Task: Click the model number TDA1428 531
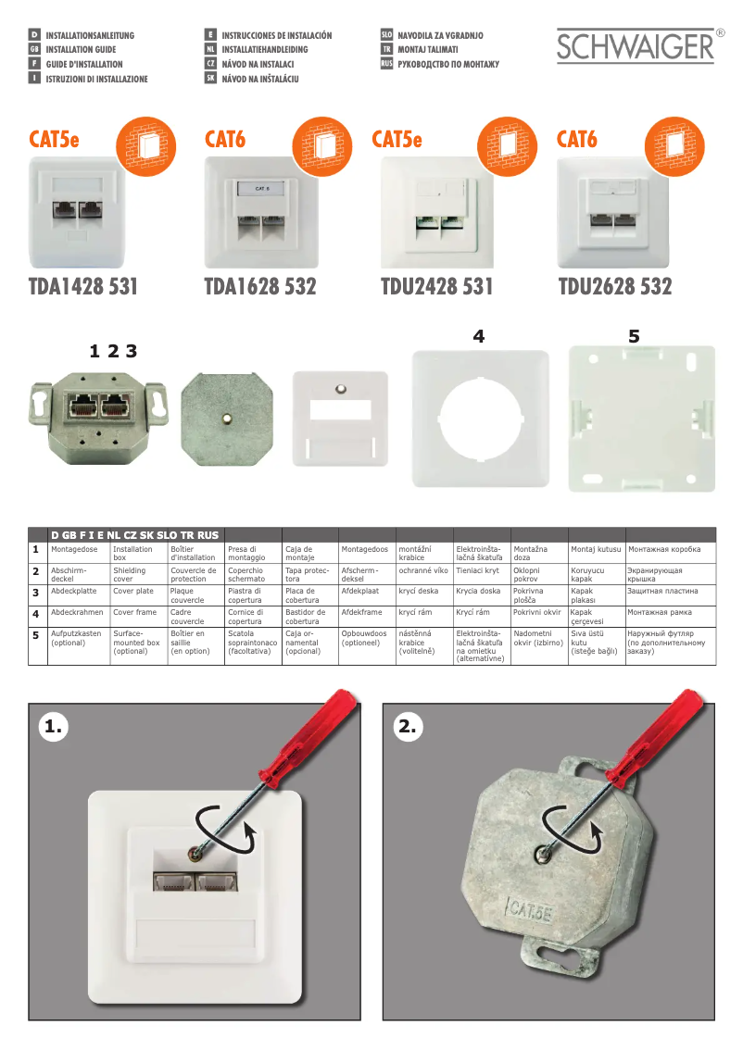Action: [83, 287]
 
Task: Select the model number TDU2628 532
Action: [614, 287]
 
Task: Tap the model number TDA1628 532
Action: [259, 287]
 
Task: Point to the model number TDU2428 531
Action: [436, 287]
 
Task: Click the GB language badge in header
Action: [34, 50]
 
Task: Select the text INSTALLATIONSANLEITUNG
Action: [90, 36]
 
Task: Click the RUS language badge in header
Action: [386, 64]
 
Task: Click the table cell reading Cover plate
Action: [133, 591]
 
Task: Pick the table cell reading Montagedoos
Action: [364, 550]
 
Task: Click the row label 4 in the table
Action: [35, 614]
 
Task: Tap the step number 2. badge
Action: [409, 728]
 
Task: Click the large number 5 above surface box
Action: [634, 337]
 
